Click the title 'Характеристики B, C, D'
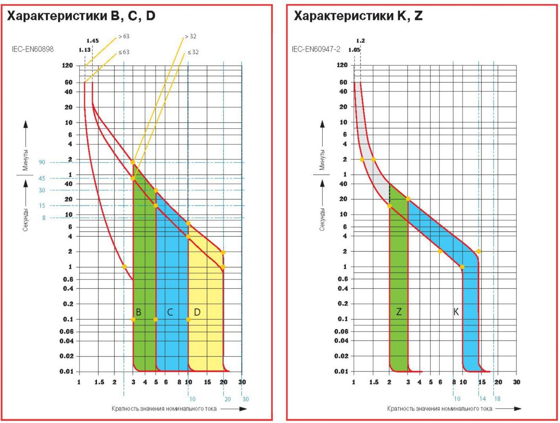[x=81, y=16]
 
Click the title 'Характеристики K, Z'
[x=358, y=16]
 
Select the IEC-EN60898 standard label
[x=33, y=49]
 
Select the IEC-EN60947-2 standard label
[x=316, y=49]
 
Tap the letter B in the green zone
[x=139, y=312]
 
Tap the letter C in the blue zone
[x=170, y=312]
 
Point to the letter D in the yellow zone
[x=197, y=312]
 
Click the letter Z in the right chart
[x=399, y=312]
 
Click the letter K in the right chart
[x=456, y=312]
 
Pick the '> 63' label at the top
[x=124, y=36]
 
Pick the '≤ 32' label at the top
[x=193, y=52]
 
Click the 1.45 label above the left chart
[x=92, y=41]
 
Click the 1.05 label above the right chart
[x=354, y=50]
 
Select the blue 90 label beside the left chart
[x=42, y=162]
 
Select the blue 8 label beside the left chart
[x=44, y=218]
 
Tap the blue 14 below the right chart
[x=482, y=399]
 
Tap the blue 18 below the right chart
[x=497, y=399]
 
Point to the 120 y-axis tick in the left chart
[x=67, y=66]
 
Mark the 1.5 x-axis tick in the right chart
[x=374, y=382]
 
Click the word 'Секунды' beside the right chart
[x=322, y=219]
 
